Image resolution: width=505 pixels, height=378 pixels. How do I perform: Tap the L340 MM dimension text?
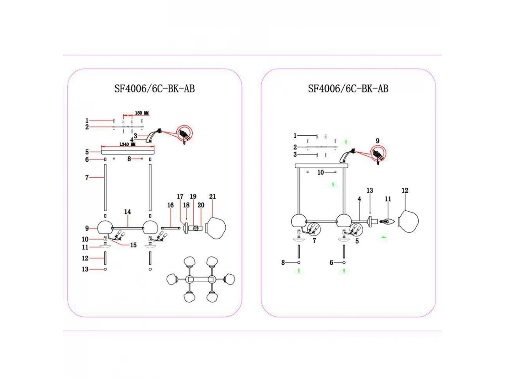point(128,144)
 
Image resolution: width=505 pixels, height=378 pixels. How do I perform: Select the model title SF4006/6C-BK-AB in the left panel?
point(154,89)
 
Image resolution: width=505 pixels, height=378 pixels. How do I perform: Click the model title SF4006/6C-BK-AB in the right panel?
point(348,89)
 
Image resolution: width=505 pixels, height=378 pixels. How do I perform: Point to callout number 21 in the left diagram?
point(213,197)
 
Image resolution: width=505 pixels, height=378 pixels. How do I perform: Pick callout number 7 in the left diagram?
point(87,178)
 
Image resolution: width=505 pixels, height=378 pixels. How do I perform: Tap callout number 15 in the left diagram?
point(133,245)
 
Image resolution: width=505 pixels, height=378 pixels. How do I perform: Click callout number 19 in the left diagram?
point(193,197)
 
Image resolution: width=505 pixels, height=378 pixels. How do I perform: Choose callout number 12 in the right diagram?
point(405,191)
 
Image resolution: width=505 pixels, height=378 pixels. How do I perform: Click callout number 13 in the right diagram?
point(370,191)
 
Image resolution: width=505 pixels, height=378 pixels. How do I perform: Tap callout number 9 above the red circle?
point(377,141)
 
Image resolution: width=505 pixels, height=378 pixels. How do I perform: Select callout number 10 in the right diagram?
point(321,172)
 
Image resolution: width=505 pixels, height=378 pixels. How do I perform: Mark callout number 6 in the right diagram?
point(331,262)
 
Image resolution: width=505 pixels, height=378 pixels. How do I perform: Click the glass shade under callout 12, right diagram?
point(408,220)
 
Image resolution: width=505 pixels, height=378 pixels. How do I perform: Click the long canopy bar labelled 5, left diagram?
point(128,152)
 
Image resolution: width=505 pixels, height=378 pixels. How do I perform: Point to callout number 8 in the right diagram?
point(284,262)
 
